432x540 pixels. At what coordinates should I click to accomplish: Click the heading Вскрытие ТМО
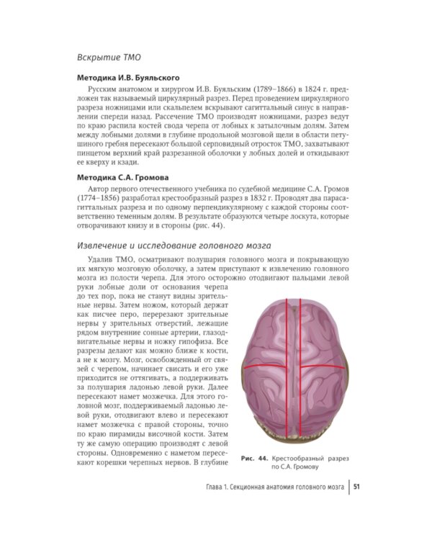109,56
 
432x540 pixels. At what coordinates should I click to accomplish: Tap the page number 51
356,490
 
